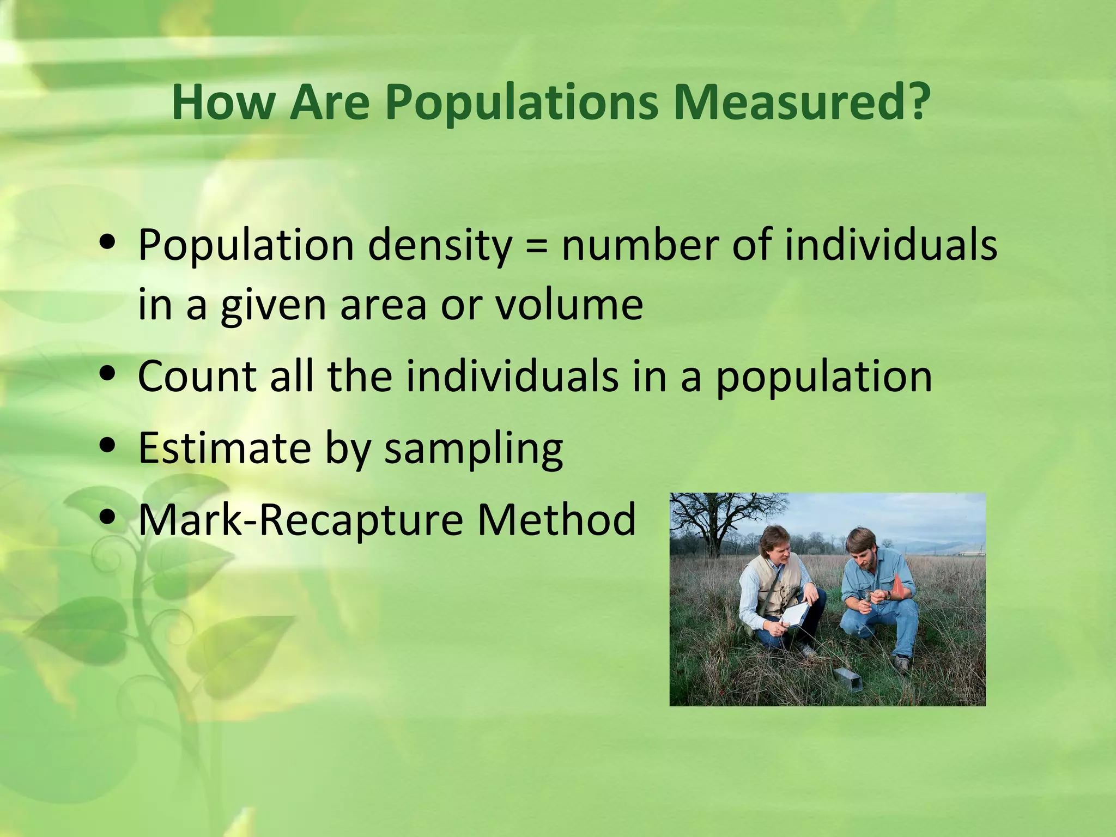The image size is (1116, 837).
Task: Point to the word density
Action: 439,246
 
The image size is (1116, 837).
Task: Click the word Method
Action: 556,519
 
